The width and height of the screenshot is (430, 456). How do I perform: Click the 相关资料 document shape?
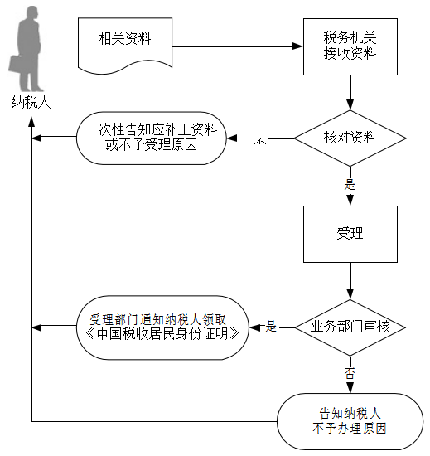coord(125,44)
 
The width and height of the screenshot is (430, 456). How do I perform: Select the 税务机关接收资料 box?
coord(350,46)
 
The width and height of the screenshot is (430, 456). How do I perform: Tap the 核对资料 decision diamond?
coord(350,138)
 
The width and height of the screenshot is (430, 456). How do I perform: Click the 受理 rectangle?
coord(350,234)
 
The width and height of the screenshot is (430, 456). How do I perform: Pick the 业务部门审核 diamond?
coord(350,327)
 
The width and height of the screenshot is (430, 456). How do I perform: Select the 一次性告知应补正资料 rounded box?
coord(151,138)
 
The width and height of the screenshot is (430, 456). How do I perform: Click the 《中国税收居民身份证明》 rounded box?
coord(162,327)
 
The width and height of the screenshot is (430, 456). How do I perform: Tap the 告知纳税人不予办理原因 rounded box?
coord(350,421)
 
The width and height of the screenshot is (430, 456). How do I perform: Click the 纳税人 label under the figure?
coord(31,102)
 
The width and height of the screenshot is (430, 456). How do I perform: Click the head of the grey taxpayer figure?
coord(32,13)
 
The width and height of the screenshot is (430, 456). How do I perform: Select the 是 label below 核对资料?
coord(350,184)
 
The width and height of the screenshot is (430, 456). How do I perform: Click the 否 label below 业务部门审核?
coord(350,373)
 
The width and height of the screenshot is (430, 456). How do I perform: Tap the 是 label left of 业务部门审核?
coord(271,326)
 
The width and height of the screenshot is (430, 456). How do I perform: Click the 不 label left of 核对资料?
coord(260,141)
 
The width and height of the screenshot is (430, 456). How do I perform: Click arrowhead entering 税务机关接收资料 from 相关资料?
coord(297,46)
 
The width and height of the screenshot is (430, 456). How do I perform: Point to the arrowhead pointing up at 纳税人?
coord(31,122)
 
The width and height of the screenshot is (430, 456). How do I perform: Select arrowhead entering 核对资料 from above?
coord(350,104)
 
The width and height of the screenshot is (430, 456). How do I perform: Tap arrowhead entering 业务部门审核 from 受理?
coord(350,294)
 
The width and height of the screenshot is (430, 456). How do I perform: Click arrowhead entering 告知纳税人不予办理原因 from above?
coord(350,388)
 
